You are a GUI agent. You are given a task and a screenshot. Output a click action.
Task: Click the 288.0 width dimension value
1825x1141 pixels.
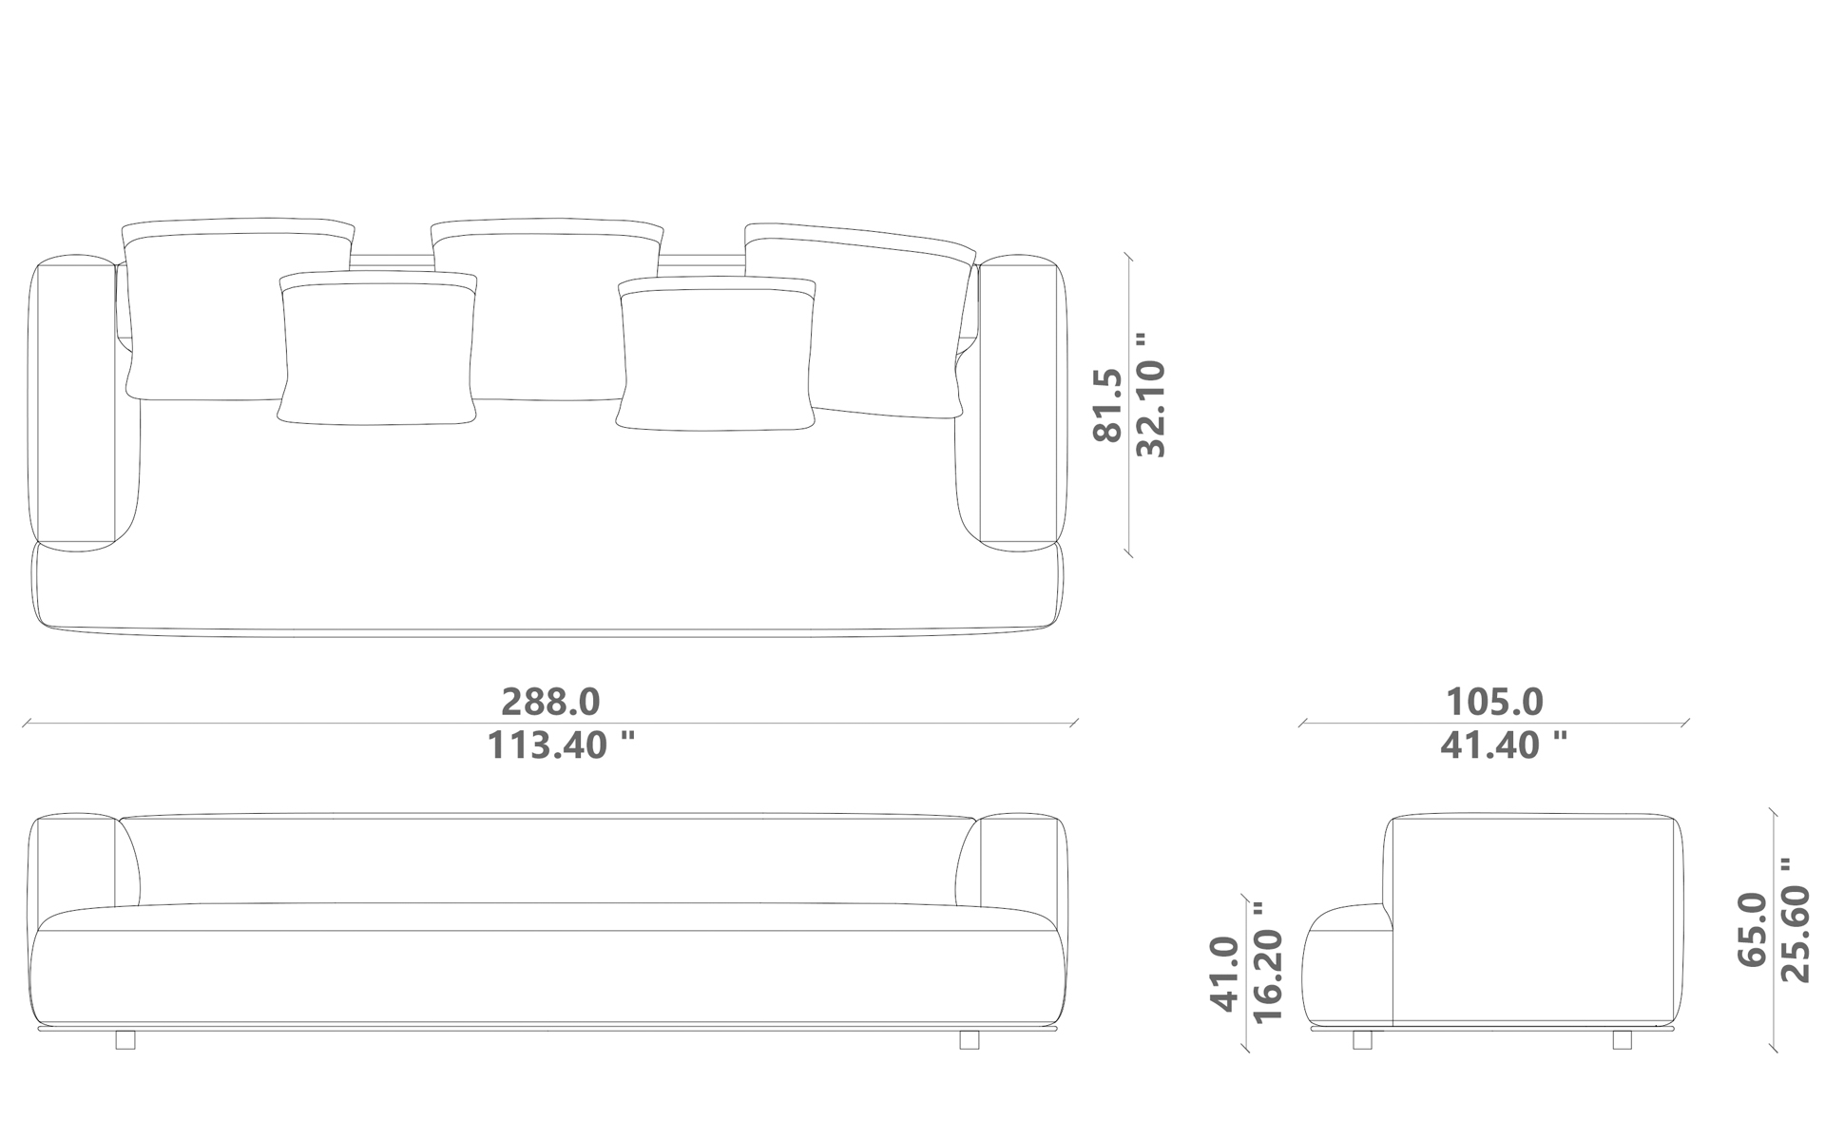(x=550, y=702)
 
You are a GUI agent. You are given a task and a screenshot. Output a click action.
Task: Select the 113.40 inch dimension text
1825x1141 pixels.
(x=561, y=745)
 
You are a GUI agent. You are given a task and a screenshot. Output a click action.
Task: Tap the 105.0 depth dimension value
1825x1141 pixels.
(x=1494, y=702)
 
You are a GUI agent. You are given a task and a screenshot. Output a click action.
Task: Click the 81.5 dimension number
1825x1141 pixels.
(x=1108, y=405)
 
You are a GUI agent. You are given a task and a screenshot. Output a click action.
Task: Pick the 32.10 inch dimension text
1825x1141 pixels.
(x=1151, y=395)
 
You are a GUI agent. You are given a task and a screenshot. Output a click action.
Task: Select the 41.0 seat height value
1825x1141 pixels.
(x=1224, y=974)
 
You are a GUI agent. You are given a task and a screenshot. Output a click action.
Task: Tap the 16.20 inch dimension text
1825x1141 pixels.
(x=1269, y=962)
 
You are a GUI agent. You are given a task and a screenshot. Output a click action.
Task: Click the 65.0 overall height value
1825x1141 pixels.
(x=1752, y=929)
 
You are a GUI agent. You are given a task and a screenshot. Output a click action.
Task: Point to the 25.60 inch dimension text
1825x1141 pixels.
(x=1796, y=919)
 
